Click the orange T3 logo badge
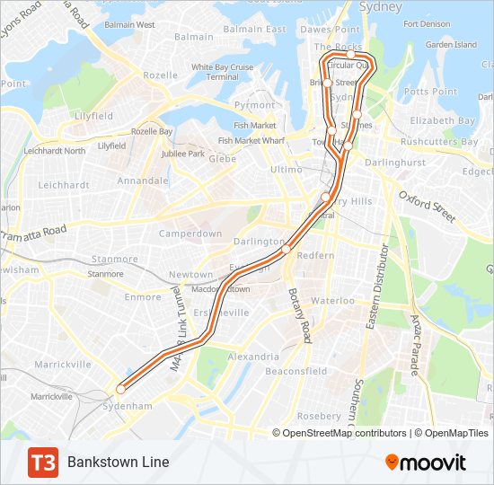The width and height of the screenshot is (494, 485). pyautogui.click(x=42, y=462)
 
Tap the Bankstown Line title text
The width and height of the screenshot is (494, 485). pyautogui.click(x=118, y=462)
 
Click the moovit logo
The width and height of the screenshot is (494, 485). pyautogui.click(x=426, y=462)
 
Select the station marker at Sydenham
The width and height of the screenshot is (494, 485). pyautogui.click(x=120, y=389)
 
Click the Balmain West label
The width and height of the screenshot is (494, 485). pyautogui.click(x=130, y=25)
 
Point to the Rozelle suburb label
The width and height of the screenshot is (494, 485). pyautogui.click(x=161, y=75)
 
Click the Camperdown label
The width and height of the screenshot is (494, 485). pyautogui.click(x=190, y=234)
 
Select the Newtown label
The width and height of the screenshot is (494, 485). pyautogui.click(x=191, y=275)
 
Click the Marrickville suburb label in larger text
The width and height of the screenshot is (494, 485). pyautogui.click(x=63, y=365)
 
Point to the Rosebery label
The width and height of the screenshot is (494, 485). pyautogui.click(x=319, y=416)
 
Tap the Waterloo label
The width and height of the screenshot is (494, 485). pyautogui.click(x=333, y=301)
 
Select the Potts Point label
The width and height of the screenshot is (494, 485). pyautogui.click(x=431, y=92)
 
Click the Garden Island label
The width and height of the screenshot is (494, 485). pyautogui.click(x=452, y=44)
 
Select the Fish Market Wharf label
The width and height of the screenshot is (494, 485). pyautogui.click(x=251, y=141)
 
